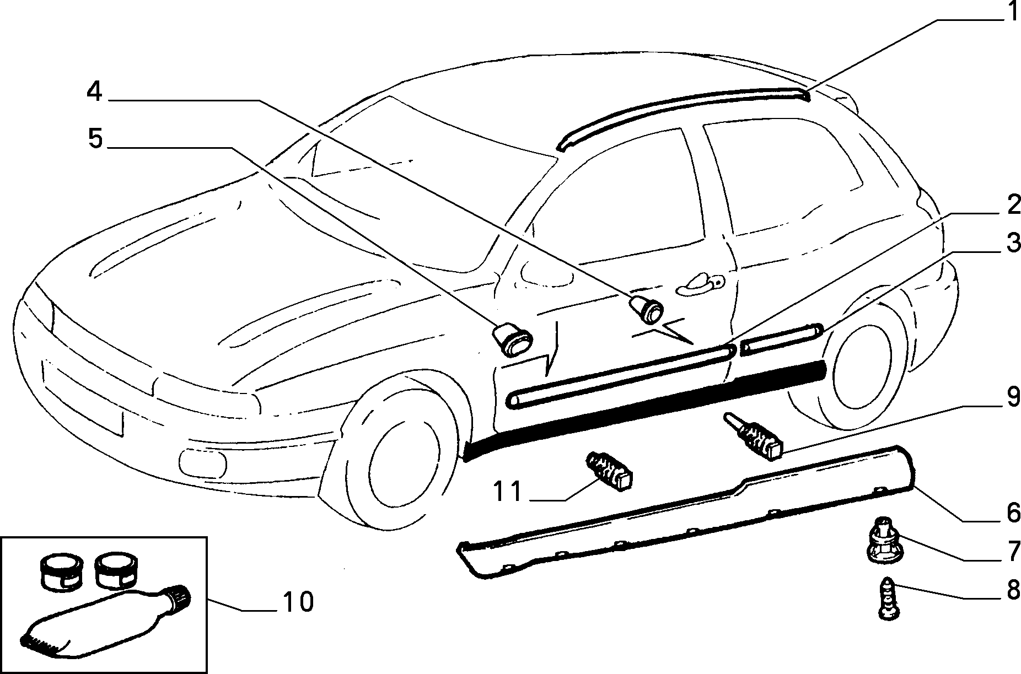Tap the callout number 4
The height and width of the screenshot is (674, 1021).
(x=94, y=91)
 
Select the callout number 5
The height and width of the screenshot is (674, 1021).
(x=95, y=139)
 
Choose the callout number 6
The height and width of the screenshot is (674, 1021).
(x=1013, y=513)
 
